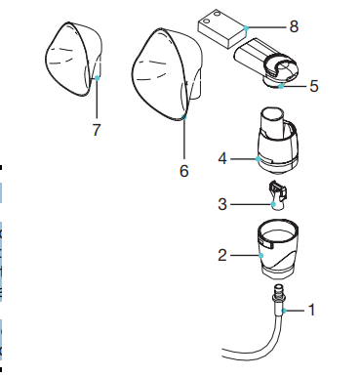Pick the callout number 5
(314, 86)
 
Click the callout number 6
(182, 169)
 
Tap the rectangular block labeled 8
(222, 32)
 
